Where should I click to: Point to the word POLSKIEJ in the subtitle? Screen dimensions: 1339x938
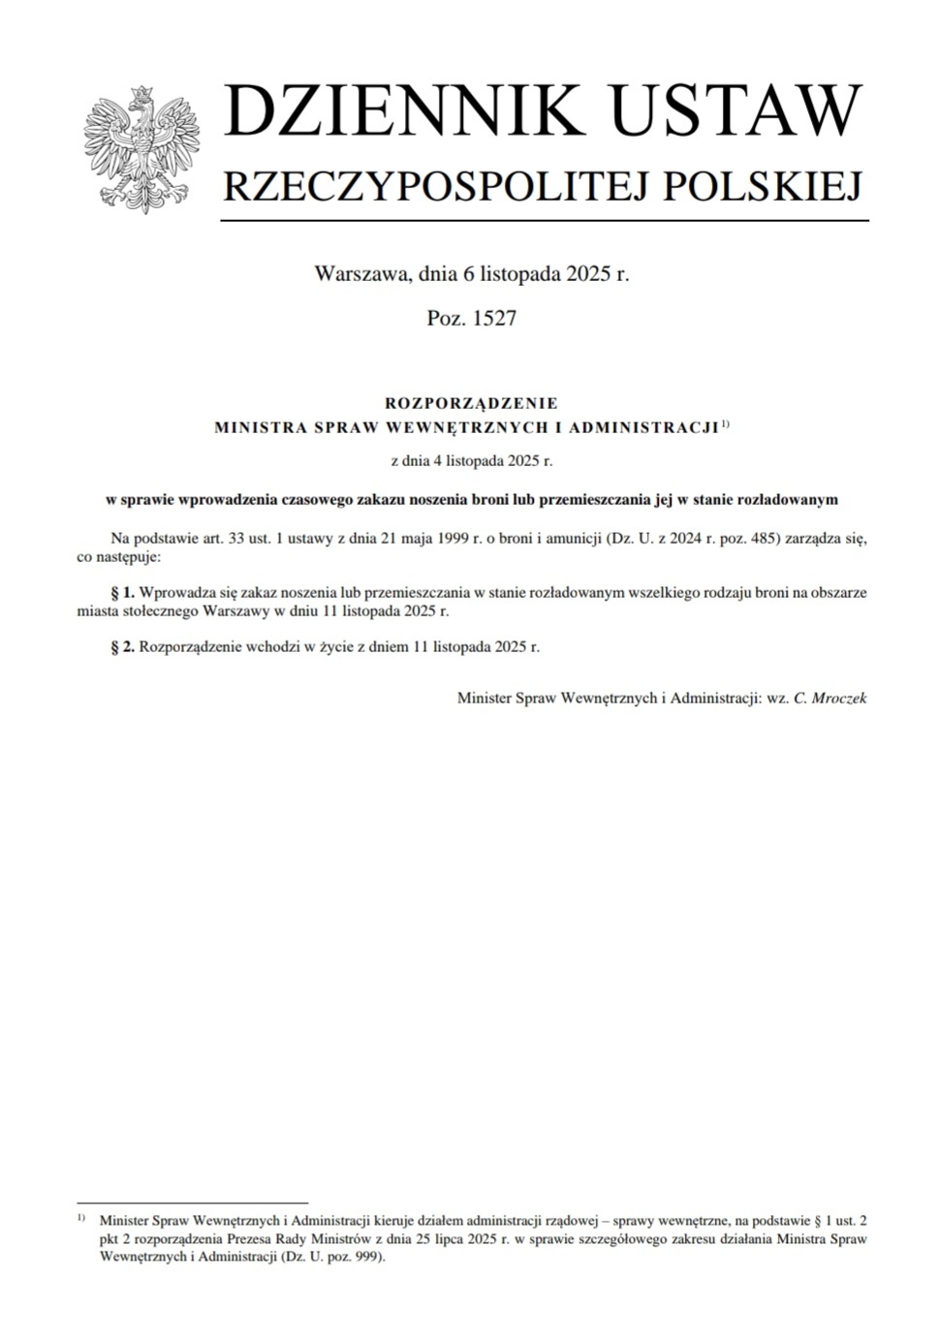[x=763, y=185]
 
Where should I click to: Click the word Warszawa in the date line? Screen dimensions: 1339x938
[x=362, y=274]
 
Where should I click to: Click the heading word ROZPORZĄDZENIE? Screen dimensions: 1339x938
[x=472, y=403]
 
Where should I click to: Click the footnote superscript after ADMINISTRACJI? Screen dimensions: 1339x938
[x=726, y=423]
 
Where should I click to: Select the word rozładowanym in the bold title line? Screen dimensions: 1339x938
[x=790, y=500]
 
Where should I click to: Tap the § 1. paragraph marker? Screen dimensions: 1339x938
[x=122, y=592]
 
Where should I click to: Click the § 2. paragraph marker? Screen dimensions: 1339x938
[x=122, y=646]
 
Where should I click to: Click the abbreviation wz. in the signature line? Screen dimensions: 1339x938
[x=777, y=698]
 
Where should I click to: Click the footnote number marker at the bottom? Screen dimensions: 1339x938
[x=80, y=1217]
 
